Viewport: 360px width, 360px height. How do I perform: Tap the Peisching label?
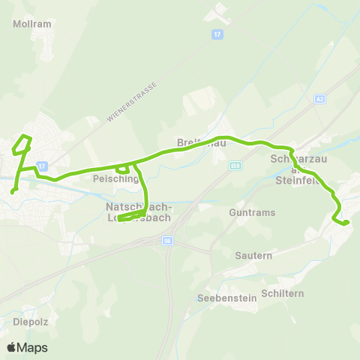[x=115, y=179]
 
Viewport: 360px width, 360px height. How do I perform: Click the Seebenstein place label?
[x=226, y=298]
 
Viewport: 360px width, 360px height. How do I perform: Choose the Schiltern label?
[x=283, y=293]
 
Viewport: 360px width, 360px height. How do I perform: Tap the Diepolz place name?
[x=30, y=322]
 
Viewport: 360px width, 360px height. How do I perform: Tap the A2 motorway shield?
[x=321, y=98]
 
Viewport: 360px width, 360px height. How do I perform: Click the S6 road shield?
[x=167, y=241]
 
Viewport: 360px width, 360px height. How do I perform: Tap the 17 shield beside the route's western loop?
[x=43, y=166]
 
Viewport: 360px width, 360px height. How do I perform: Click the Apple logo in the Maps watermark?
[x=12, y=347]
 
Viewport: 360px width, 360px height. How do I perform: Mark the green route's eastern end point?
[x=346, y=223]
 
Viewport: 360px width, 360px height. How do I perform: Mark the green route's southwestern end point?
[x=13, y=192]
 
